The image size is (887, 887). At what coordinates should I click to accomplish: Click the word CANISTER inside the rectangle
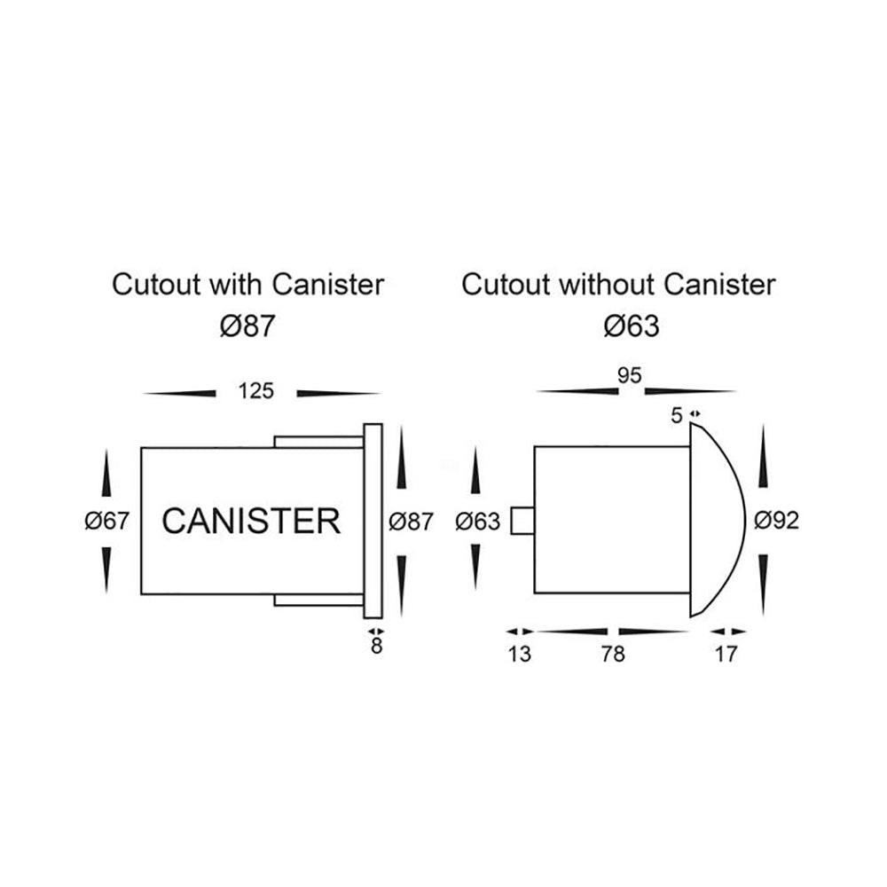click(251, 521)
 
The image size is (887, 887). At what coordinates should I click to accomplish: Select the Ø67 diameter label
click(107, 522)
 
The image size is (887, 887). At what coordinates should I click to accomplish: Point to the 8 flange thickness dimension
click(376, 647)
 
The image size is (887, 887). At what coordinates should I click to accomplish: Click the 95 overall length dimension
click(629, 375)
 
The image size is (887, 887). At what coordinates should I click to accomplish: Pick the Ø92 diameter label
click(776, 521)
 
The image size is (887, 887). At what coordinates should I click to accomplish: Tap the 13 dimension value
click(521, 655)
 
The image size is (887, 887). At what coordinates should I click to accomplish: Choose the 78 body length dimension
click(612, 655)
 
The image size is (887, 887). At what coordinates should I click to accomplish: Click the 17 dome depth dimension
click(726, 655)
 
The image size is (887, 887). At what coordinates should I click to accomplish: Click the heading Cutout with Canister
click(247, 285)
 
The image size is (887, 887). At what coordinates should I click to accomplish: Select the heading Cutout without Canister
click(619, 285)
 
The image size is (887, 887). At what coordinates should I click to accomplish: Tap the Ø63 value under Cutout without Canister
click(631, 326)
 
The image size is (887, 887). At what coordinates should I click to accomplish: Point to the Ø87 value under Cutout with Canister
click(243, 326)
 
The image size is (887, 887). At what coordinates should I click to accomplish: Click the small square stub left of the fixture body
click(522, 522)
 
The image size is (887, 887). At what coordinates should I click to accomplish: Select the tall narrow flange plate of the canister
click(373, 521)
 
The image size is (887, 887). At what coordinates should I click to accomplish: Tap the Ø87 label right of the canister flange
click(412, 522)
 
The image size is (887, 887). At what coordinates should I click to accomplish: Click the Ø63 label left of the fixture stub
click(477, 522)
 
